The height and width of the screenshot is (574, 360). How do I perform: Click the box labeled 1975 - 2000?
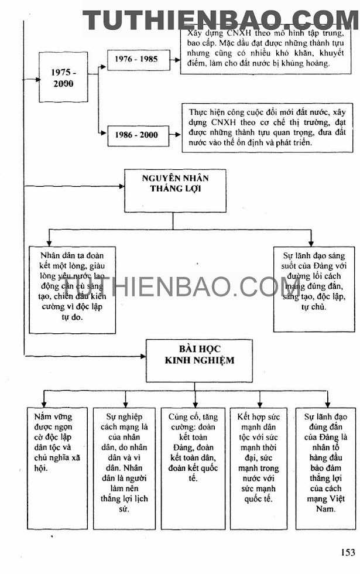[63, 77]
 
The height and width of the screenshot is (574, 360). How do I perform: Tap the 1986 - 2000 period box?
[132, 135]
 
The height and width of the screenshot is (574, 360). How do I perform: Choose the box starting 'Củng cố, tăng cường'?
[193, 448]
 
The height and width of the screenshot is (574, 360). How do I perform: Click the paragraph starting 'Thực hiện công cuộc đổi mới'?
[256, 127]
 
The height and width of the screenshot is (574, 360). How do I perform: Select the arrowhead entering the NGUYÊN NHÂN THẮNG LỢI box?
[122, 186]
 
